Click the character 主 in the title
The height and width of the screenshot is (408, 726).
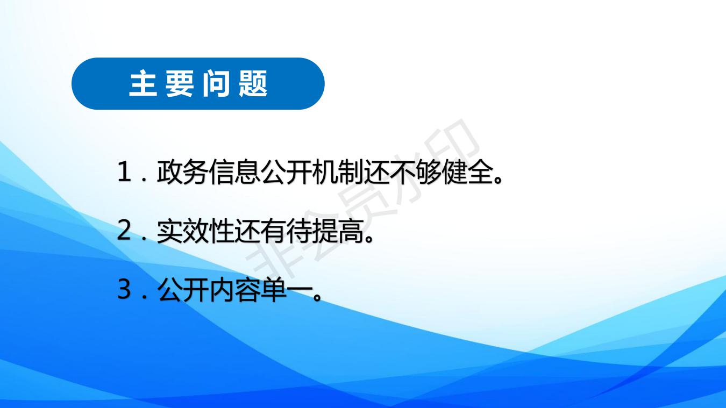(143, 83)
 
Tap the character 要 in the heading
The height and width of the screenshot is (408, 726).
(180, 83)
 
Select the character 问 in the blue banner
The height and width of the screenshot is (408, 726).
(217, 83)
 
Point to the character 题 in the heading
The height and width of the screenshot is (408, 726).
(253, 83)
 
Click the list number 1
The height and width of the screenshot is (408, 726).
(125, 172)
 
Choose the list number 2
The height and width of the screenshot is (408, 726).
(124, 230)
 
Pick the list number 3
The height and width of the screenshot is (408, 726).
(124, 289)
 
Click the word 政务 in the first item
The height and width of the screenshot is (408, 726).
(183, 172)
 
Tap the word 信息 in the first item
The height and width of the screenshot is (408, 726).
(234, 172)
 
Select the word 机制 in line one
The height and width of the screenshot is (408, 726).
(338, 172)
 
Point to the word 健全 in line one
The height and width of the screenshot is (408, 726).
(468, 172)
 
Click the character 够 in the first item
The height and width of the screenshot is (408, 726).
(429, 172)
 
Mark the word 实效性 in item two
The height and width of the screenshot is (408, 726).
(196, 231)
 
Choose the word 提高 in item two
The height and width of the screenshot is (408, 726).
(338, 231)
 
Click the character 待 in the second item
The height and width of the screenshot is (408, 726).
(300, 231)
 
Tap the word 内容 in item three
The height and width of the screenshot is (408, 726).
(234, 289)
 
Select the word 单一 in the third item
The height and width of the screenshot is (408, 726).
(287, 289)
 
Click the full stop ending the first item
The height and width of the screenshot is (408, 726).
(499, 179)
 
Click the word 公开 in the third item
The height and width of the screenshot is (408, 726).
(183, 289)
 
